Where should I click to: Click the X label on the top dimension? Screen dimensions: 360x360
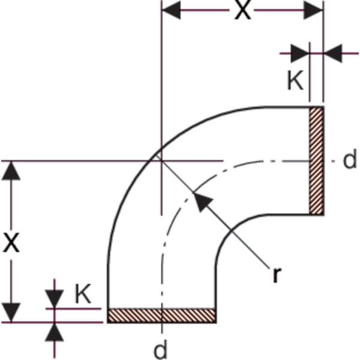[x=242, y=10]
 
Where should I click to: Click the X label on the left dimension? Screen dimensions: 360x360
[x=11, y=243]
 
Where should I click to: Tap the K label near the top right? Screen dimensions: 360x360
[x=295, y=80]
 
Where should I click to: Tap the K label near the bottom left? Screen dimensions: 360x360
[x=83, y=294]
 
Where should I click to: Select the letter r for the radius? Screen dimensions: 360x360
[x=277, y=275]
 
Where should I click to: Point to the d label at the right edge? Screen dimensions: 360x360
[x=350, y=159]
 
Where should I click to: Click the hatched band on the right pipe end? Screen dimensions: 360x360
[x=316, y=161]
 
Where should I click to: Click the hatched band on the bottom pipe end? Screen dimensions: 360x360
[x=162, y=316]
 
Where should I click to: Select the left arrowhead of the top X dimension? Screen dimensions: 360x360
[x=171, y=10]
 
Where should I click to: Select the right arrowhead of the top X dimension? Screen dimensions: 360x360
[x=314, y=10]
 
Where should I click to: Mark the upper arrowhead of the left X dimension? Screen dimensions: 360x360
[x=11, y=171]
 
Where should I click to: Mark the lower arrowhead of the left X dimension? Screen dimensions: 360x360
[x=11, y=313]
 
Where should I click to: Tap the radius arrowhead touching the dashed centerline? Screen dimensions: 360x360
[x=202, y=202]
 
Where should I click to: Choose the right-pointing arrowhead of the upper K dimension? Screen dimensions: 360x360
[x=300, y=53]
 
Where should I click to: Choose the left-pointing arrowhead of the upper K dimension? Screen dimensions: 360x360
[x=332, y=53]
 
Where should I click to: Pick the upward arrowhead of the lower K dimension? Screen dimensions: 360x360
[x=55, y=332]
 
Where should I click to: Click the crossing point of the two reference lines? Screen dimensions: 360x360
[x=162, y=161]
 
